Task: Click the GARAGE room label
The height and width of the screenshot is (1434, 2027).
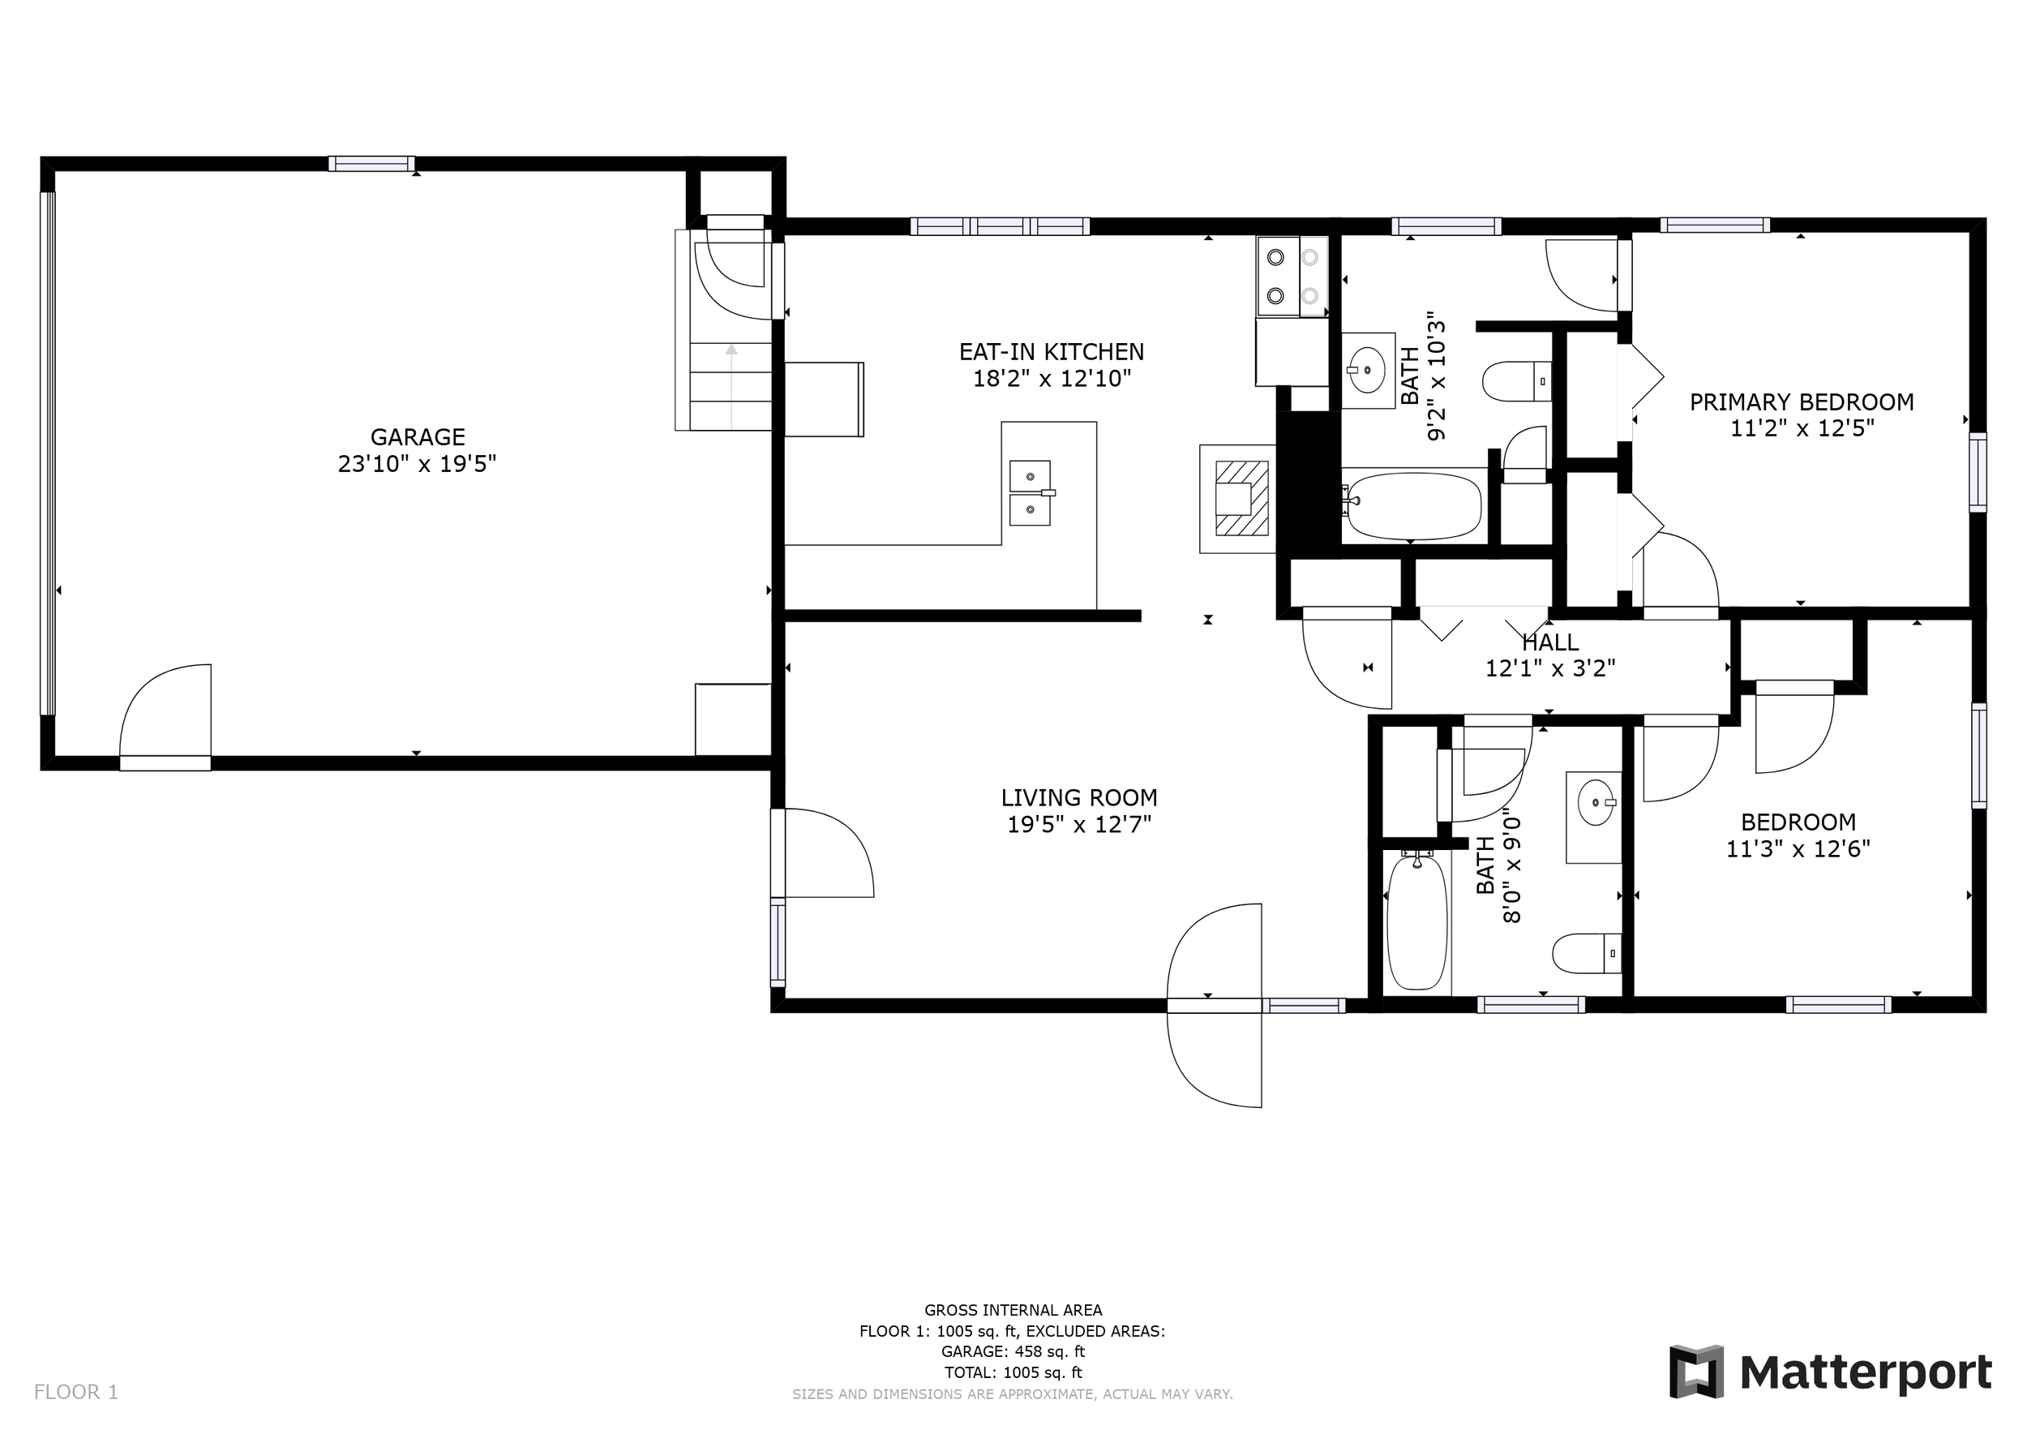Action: (x=418, y=437)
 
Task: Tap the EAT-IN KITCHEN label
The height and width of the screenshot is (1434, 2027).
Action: (x=1052, y=352)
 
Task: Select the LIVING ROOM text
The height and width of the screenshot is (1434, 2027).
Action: (x=1079, y=798)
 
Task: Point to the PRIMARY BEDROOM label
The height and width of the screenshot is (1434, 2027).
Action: (x=1802, y=402)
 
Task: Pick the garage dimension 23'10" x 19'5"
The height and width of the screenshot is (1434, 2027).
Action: (x=418, y=465)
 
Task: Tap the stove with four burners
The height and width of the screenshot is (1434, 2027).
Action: (x=1292, y=277)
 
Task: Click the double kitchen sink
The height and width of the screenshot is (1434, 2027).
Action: (x=1031, y=492)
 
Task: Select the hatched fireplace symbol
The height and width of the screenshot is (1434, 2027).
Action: (x=1242, y=498)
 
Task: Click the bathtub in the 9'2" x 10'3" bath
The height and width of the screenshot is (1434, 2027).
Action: (x=1412, y=506)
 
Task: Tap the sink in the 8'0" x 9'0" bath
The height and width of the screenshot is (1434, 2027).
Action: (x=1596, y=803)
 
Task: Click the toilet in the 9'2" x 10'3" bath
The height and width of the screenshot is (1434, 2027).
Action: (x=1517, y=381)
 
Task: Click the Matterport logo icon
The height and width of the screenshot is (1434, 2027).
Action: (x=1696, y=1372)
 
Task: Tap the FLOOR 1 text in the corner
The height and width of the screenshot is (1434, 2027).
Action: (x=76, y=1393)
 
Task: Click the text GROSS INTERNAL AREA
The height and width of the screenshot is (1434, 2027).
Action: (x=1013, y=1311)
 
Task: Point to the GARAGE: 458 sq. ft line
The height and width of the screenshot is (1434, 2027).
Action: (x=1013, y=1352)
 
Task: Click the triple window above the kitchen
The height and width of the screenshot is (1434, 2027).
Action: (x=1001, y=227)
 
